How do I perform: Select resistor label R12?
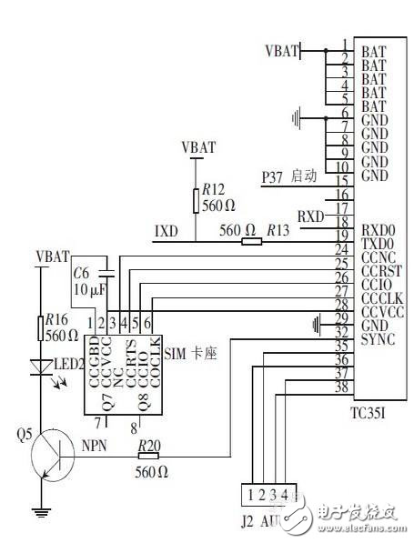[x=213, y=189]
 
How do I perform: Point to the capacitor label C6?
[x=81, y=273]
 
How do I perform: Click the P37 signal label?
[x=273, y=176]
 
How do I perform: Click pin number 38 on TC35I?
[x=342, y=387]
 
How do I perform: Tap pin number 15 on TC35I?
[x=342, y=181]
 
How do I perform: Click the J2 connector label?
[x=247, y=522]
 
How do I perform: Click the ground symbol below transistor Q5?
[x=41, y=512]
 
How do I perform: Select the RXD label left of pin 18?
[x=311, y=216]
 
